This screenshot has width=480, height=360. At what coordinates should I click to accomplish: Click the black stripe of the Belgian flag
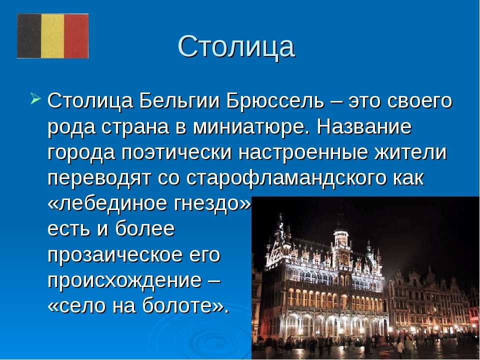pos(29,36)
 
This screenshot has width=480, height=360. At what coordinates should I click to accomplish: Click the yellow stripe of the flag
pos(52,36)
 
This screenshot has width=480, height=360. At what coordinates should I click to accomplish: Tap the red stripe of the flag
pos(76,36)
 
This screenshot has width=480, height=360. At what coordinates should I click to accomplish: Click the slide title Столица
pos(236,46)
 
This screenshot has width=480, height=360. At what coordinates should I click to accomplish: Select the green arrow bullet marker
pos(35,98)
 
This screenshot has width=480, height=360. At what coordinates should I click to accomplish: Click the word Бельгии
pos(179,100)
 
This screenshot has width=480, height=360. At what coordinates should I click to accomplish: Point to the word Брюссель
pos(275,100)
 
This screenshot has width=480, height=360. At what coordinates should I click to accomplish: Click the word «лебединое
pos(107,203)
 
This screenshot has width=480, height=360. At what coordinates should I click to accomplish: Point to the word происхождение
pos(124,280)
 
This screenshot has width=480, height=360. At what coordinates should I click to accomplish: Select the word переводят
pos(99,178)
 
